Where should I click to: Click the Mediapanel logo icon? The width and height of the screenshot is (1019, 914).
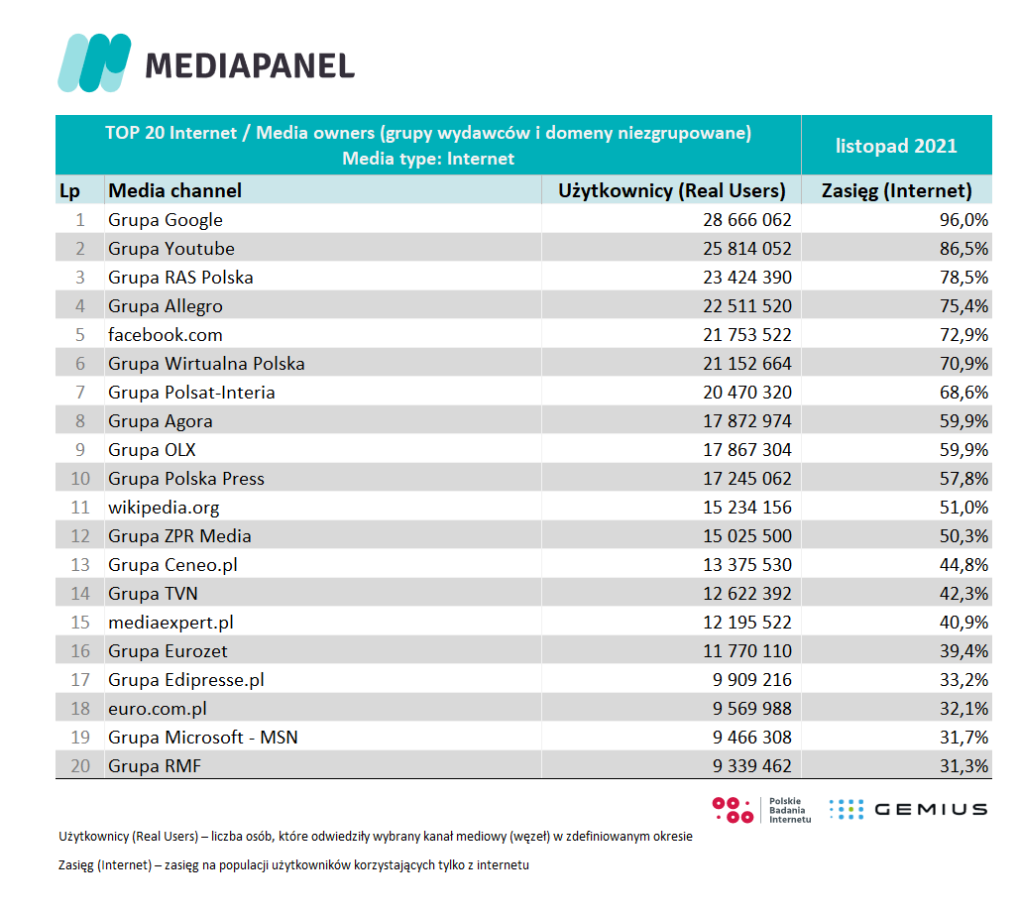(x=94, y=61)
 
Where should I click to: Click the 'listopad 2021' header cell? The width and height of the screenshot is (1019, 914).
(x=896, y=146)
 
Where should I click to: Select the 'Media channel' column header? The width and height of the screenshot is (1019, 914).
(x=174, y=190)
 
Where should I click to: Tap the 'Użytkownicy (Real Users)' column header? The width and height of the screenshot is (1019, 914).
(x=672, y=190)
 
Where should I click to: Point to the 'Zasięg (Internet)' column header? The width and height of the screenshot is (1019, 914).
(x=897, y=190)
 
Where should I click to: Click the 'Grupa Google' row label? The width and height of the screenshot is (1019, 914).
(x=166, y=219)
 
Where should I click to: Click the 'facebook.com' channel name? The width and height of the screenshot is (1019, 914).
(x=166, y=334)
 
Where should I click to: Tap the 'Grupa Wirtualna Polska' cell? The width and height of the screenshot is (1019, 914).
(x=206, y=363)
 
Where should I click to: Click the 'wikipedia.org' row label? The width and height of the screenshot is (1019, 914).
(x=164, y=507)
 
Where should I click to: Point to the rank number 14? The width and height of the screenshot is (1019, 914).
(x=80, y=593)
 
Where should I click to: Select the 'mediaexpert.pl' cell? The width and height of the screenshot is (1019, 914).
(x=170, y=622)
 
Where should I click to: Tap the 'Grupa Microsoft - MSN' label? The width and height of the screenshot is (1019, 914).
(x=203, y=737)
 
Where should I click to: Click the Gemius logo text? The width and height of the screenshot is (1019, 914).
(x=930, y=809)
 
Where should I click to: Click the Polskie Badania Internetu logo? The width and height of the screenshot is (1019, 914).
(x=761, y=809)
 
